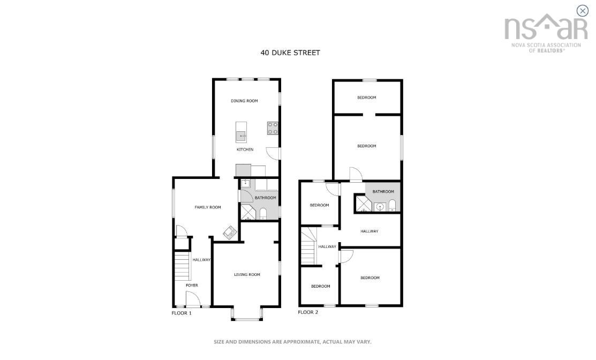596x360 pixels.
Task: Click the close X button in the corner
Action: coord(582,11)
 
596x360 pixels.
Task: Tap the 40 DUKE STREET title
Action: coord(290,53)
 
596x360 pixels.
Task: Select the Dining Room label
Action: coord(244,101)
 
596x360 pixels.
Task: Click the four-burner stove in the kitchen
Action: coord(273,128)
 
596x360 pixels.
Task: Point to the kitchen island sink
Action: coord(241,136)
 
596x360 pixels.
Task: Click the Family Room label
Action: coord(208,207)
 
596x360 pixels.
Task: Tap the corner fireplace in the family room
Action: coord(230,232)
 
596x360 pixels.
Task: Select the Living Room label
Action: coord(247,274)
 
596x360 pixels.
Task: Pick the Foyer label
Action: coord(192,285)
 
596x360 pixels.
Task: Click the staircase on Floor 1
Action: coord(182,266)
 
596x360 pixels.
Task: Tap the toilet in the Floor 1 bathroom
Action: coord(263,214)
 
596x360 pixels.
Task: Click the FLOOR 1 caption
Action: coord(182,313)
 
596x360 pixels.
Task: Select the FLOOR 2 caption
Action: coord(308,312)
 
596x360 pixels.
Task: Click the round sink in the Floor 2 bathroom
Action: coord(380,207)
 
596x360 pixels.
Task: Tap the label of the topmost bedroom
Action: coord(367,97)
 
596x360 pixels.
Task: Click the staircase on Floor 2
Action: coord(308,246)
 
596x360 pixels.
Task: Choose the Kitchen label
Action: coord(245,149)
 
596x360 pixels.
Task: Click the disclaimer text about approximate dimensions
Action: coord(292,342)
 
